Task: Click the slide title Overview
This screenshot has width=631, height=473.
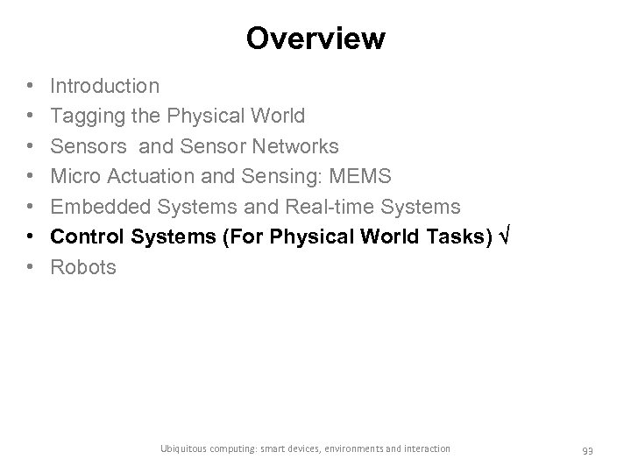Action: (x=315, y=39)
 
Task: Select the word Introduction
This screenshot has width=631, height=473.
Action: (x=105, y=86)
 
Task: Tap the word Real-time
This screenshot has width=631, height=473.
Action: (x=332, y=207)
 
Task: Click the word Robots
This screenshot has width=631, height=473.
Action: (x=83, y=267)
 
